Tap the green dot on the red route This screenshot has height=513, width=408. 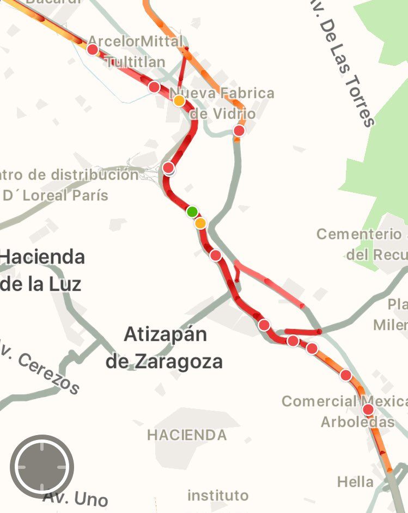click(192, 211)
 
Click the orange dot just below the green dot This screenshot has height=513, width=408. click(200, 223)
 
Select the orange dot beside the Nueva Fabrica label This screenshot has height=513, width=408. click(179, 100)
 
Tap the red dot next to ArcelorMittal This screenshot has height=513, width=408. click(93, 50)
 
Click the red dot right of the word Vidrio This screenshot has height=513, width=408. click(239, 130)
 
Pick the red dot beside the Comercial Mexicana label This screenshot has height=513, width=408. click(368, 410)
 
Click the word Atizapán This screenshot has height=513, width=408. click(165, 334)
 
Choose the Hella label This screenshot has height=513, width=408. click(355, 481)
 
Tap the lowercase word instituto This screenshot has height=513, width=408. click(218, 496)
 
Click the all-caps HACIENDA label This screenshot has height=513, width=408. click(187, 435)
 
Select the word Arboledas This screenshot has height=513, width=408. click(357, 422)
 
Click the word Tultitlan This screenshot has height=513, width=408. click(135, 62)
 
